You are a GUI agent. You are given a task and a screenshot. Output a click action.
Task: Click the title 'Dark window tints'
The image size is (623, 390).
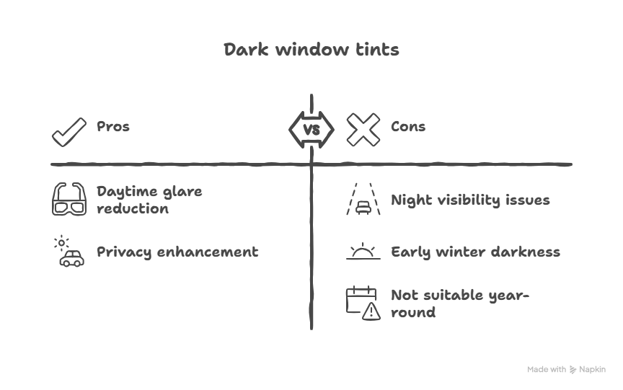[x=311, y=50]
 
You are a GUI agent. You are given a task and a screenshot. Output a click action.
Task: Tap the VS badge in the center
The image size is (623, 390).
[x=311, y=130]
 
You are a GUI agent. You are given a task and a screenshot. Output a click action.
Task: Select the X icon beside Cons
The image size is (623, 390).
[x=363, y=130]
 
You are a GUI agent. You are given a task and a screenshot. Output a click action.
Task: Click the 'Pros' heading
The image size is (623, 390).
[x=113, y=127]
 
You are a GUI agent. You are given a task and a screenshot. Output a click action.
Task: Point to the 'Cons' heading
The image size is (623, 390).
[x=408, y=127]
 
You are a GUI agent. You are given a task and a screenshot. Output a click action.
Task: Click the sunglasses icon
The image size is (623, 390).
[x=69, y=200]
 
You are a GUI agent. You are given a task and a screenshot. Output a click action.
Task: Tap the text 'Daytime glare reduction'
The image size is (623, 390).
[x=149, y=200]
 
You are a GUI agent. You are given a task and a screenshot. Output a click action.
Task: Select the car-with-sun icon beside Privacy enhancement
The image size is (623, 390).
[x=69, y=252]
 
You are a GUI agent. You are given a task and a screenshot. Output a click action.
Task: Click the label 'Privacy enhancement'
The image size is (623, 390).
[x=177, y=252]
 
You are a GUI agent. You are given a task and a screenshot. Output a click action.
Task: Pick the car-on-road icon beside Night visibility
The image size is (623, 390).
[x=363, y=200]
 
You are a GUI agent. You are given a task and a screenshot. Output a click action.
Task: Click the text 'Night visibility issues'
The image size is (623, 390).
[x=470, y=200]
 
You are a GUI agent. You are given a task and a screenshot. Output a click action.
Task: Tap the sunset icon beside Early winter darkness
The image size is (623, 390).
[x=363, y=252]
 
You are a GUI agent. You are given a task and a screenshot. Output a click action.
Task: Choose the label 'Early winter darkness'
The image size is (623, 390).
[x=475, y=252]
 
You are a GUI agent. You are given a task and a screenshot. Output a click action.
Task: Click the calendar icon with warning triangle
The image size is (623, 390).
[x=363, y=303]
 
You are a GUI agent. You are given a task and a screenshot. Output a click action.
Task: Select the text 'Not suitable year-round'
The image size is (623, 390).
[x=459, y=303]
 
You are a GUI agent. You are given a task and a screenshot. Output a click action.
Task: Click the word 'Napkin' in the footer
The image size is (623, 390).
[x=593, y=370]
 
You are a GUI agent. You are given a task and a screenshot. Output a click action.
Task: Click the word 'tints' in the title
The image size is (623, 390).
[x=379, y=50]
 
